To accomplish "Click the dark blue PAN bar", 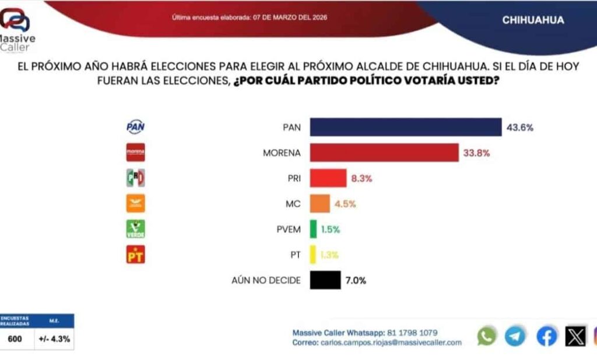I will click(x=405, y=127).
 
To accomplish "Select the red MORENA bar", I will click(x=384, y=153).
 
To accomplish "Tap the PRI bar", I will click(x=328, y=178).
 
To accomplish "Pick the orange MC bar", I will click(x=320, y=203).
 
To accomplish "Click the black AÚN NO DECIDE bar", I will click(x=325, y=280).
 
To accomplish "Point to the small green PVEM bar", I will click(x=314, y=229).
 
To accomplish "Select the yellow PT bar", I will click(x=313, y=255).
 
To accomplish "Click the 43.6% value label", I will click(x=520, y=127).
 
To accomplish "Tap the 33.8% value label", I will click(x=476, y=153).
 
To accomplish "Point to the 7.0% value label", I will click(x=356, y=280).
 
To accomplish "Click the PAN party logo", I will click(x=135, y=126).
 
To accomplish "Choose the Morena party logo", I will click(x=135, y=153).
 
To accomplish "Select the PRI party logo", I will click(x=135, y=178).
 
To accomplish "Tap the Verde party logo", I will click(x=135, y=229).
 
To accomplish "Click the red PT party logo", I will click(x=135, y=255).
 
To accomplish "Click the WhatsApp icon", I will click(x=487, y=336).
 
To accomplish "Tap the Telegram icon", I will click(x=515, y=336).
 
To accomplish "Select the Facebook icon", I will click(x=546, y=336).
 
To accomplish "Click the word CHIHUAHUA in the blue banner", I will click(x=533, y=20).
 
